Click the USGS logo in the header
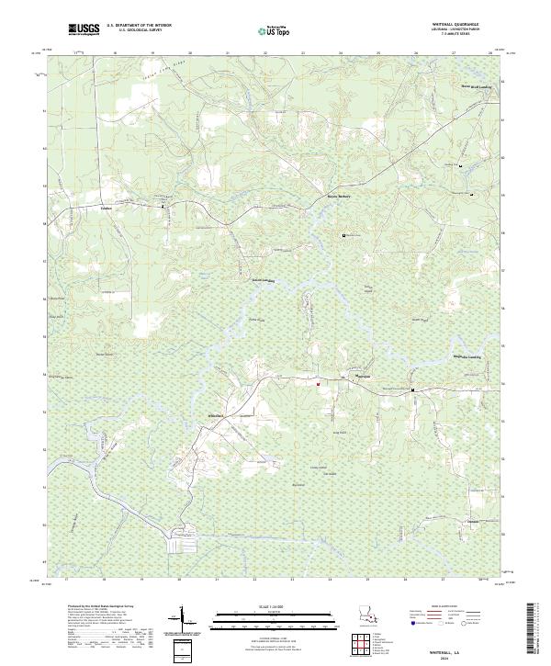84,29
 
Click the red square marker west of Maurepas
319,383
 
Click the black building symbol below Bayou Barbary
345,235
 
